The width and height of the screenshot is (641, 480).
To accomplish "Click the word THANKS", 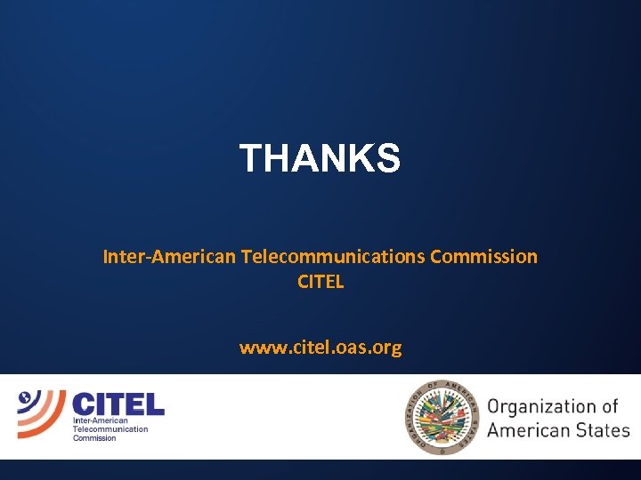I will pyautogui.click(x=320, y=159).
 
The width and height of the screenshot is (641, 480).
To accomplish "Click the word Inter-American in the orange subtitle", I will pyautogui.click(x=169, y=257).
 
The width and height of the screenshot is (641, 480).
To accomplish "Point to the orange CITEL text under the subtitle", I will pyautogui.click(x=320, y=283).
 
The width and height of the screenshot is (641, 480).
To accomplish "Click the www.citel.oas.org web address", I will pyautogui.click(x=320, y=348).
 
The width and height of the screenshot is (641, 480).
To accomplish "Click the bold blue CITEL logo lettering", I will pyautogui.click(x=118, y=404).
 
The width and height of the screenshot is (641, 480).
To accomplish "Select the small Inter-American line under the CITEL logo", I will pyautogui.click(x=100, y=420).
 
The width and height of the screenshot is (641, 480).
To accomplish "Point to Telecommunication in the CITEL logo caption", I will pyautogui.click(x=110, y=428).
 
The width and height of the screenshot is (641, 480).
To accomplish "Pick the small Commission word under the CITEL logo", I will pyautogui.click(x=94, y=437).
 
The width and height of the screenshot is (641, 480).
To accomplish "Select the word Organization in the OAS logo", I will pyautogui.click(x=542, y=407).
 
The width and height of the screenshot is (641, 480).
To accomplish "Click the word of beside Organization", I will pyautogui.click(x=609, y=406).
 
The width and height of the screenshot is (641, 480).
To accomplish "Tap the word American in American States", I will pyautogui.click(x=531, y=431).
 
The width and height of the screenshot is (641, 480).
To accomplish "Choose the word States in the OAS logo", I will pyautogui.click(x=606, y=431).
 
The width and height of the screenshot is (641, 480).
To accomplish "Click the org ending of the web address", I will pyautogui.click(x=386, y=348).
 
